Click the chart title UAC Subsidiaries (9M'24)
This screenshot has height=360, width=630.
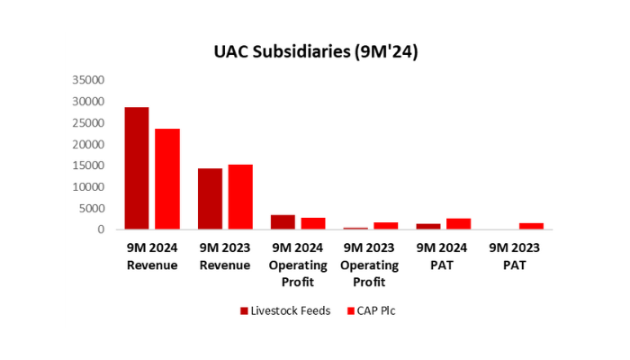click(x=315, y=53)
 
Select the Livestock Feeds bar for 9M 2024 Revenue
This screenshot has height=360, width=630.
click(x=137, y=168)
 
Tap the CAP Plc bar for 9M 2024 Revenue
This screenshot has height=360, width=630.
click(x=167, y=179)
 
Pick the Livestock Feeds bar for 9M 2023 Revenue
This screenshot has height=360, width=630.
click(x=210, y=199)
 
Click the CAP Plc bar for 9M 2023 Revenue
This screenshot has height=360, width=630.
click(x=240, y=197)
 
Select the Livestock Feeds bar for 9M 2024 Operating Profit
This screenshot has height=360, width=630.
click(x=283, y=222)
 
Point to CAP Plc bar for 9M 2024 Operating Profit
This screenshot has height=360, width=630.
click(x=313, y=223)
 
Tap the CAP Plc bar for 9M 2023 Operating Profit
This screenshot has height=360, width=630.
click(x=386, y=226)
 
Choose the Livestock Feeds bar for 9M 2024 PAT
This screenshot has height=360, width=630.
click(x=428, y=227)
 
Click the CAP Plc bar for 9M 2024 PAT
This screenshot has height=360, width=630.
click(x=459, y=224)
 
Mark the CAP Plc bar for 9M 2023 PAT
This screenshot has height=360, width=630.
click(x=532, y=226)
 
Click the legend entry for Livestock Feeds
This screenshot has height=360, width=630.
click(x=283, y=310)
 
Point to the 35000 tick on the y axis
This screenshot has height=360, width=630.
click(x=90, y=80)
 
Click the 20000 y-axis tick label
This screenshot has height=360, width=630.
click(x=90, y=144)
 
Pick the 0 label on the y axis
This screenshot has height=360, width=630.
click(x=103, y=230)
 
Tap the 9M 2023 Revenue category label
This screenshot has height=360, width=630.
click(x=225, y=257)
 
